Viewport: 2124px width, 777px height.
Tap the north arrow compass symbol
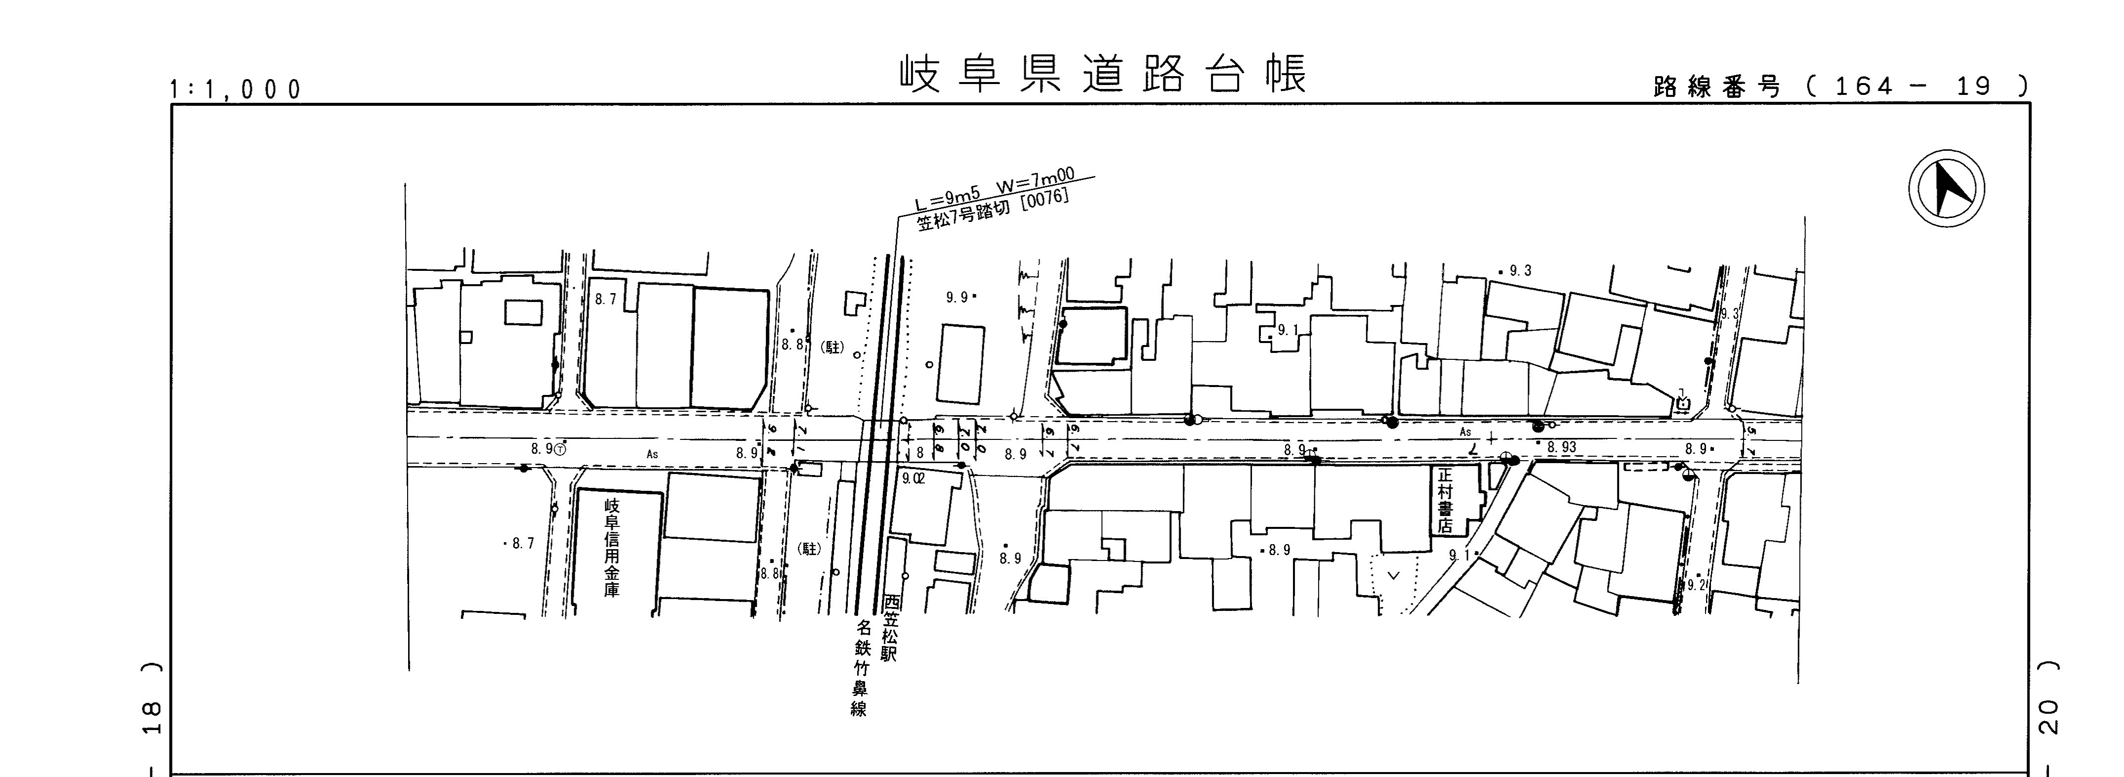pos(1946,188)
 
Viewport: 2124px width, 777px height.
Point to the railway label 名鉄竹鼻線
pos(860,668)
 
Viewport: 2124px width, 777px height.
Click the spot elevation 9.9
pos(958,298)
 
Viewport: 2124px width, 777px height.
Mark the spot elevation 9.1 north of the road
pos(1287,331)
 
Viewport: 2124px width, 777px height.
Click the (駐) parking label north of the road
pos(833,347)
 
